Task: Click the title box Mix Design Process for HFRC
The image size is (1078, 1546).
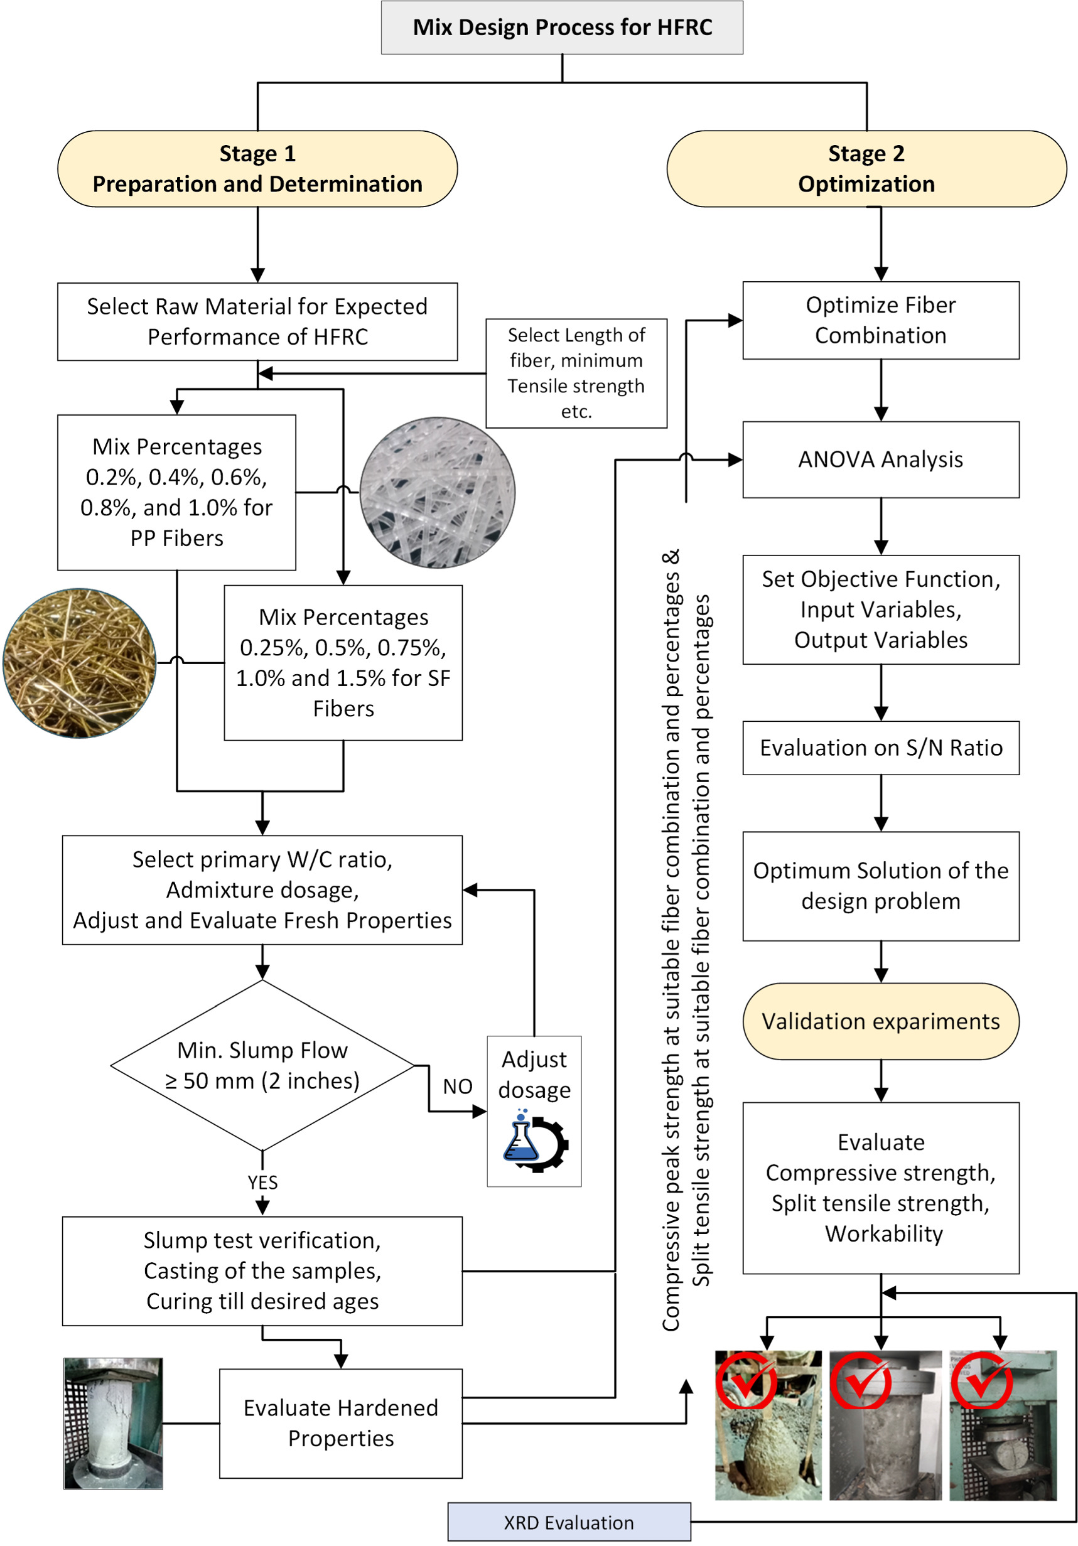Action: click(x=561, y=27)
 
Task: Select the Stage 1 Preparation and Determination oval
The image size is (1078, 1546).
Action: click(x=257, y=168)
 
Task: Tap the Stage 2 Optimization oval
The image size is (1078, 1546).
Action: click(x=866, y=168)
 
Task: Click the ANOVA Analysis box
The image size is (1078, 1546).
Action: click(x=880, y=459)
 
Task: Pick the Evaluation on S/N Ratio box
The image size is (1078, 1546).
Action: click(x=880, y=748)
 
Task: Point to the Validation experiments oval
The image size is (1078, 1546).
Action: click(x=880, y=1021)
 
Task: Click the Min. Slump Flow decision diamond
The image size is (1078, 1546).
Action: click(x=262, y=1065)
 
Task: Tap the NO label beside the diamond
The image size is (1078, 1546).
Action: click(x=457, y=1086)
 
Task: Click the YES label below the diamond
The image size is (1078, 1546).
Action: click(x=262, y=1183)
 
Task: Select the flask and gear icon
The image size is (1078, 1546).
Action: click(x=536, y=1142)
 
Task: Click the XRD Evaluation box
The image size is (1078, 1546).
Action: click(x=568, y=1522)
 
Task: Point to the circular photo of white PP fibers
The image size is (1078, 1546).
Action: click(x=437, y=492)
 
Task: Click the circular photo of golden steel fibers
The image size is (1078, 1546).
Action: click(x=80, y=663)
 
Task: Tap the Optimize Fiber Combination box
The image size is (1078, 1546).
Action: click(x=880, y=320)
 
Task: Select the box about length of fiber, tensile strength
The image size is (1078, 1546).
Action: click(x=576, y=373)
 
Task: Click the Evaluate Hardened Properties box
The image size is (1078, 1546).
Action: click(x=341, y=1423)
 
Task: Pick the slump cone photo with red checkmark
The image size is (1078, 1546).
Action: click(x=768, y=1425)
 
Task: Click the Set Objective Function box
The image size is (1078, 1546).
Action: click(x=880, y=609)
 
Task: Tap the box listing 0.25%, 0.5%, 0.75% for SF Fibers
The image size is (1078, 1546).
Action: click(x=343, y=663)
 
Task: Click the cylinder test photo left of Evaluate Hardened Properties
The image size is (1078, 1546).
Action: click(x=113, y=1423)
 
